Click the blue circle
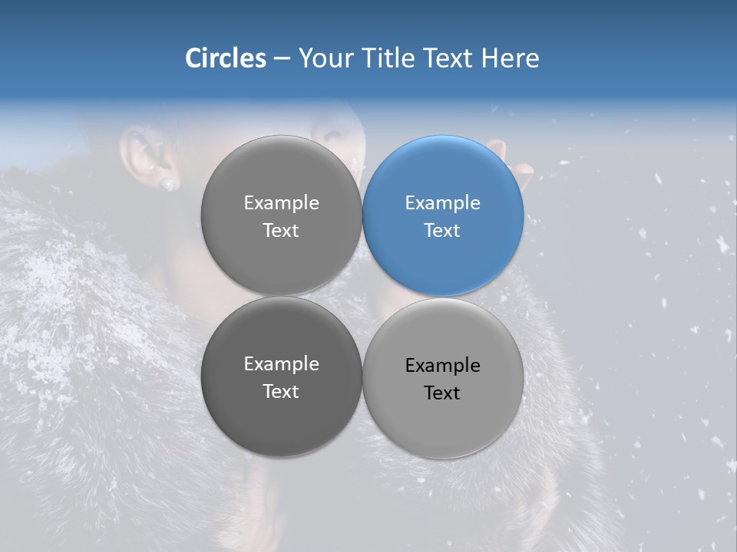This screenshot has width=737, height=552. tap(443, 216)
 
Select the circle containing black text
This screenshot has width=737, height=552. tap(443, 379)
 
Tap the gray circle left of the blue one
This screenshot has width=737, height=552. tap(281, 216)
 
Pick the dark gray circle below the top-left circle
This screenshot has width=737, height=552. tap(281, 377)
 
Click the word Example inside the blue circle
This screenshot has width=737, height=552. tap(442, 203)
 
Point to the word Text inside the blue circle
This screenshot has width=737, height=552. tap(442, 231)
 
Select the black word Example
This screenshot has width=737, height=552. tap(442, 366)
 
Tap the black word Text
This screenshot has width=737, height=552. tap(442, 393)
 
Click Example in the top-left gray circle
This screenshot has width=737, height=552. tap(281, 203)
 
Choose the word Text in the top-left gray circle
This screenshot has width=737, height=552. tap(281, 231)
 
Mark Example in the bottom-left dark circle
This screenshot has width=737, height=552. tap(281, 364)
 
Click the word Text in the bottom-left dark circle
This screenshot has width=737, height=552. tap(281, 392)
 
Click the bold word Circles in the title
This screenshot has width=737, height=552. tap(226, 58)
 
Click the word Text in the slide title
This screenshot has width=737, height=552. tap(448, 58)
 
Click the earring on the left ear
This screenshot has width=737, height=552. tap(167, 184)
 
